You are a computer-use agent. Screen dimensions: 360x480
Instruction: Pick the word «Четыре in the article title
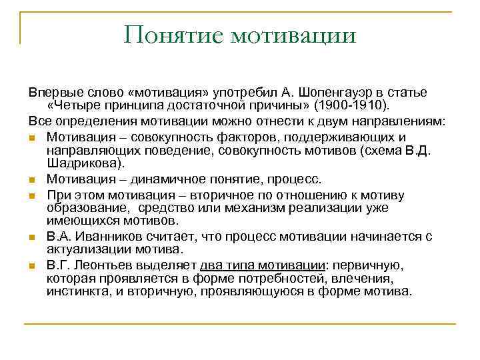[73, 105]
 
